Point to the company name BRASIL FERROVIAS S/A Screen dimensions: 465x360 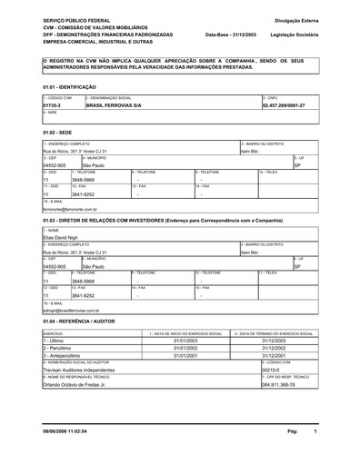click(x=114, y=105)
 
